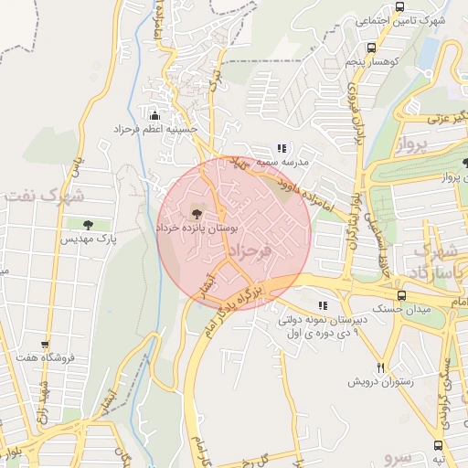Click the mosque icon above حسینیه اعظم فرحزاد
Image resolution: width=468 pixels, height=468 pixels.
click(154, 115)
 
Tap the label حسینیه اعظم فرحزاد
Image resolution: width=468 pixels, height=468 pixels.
click(154, 130)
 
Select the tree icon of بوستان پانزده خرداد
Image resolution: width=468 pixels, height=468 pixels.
click(197, 213)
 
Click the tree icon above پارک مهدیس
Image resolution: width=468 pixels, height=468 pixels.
click(88, 224)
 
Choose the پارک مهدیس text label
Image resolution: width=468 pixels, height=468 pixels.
click(87, 239)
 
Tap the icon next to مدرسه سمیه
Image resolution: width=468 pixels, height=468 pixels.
click(282, 147)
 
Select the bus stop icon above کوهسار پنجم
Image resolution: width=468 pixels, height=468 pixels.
click(371, 48)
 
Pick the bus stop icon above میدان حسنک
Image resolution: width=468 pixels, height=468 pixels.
click(400, 295)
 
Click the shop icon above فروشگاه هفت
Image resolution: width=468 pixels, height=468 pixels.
click(44, 346)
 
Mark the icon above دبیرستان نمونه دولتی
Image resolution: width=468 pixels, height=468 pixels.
click(321, 305)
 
